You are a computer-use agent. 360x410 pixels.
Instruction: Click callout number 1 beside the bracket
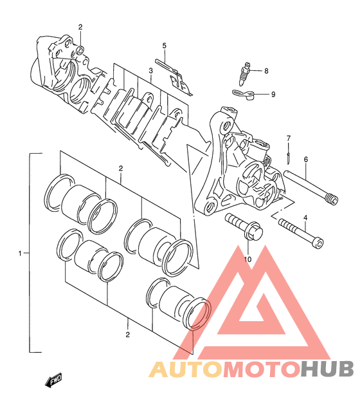tap(20, 253)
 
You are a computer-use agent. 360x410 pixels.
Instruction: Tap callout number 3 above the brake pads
tap(150, 71)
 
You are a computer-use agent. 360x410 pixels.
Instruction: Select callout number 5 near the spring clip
tap(164, 46)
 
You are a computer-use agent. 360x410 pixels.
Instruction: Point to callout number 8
tap(266, 71)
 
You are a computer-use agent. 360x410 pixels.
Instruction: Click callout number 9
tap(273, 94)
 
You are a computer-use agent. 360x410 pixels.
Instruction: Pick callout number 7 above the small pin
tap(289, 138)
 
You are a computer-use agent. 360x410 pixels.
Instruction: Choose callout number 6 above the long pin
tap(305, 159)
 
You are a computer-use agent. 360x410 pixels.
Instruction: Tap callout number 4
tap(305, 218)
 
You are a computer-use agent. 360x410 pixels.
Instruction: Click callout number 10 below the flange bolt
tap(248, 259)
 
